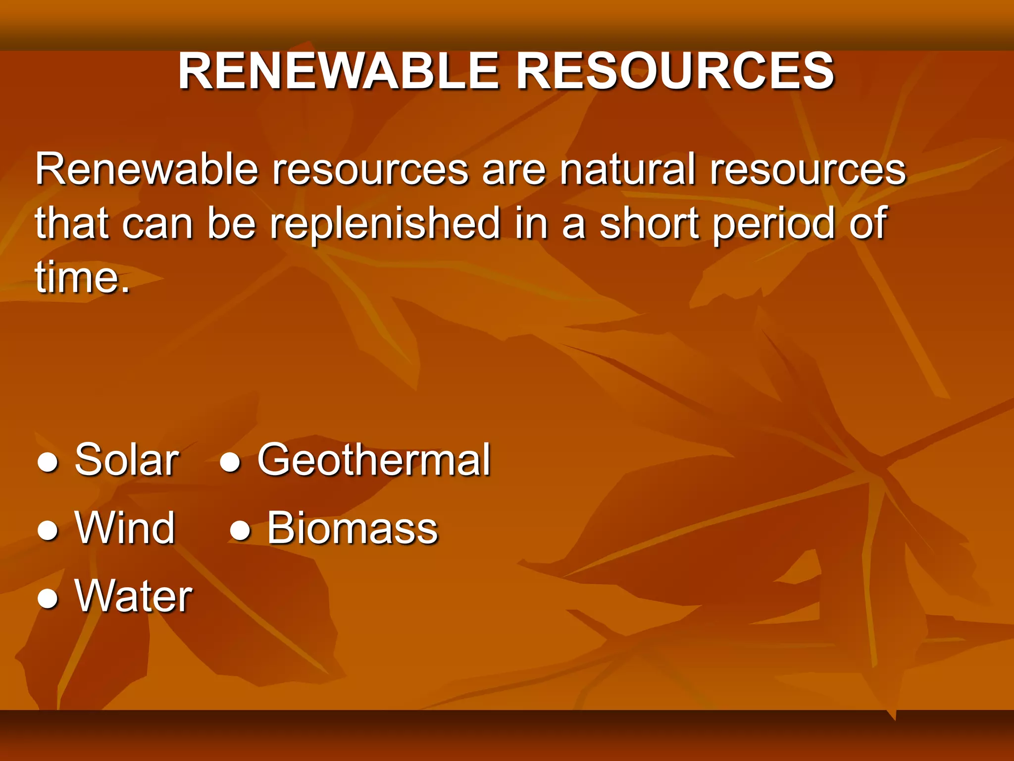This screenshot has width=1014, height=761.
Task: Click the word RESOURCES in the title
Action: click(675, 72)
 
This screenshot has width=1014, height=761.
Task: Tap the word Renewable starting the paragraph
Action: click(147, 169)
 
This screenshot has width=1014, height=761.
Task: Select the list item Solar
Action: click(126, 460)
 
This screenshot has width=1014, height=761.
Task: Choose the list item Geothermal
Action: click(374, 460)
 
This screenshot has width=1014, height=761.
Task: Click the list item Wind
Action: click(125, 528)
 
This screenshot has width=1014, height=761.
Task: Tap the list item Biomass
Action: click(353, 528)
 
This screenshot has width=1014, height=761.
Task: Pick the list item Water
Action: click(133, 596)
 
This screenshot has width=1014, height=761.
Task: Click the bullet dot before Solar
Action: click(48, 463)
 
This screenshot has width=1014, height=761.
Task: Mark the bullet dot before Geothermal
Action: click(230, 463)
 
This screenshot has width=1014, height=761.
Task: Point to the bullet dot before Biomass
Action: click(240, 532)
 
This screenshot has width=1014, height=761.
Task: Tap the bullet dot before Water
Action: click(48, 599)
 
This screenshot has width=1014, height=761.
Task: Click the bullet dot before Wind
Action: click(48, 532)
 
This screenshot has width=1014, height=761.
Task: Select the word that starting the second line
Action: click(71, 223)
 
